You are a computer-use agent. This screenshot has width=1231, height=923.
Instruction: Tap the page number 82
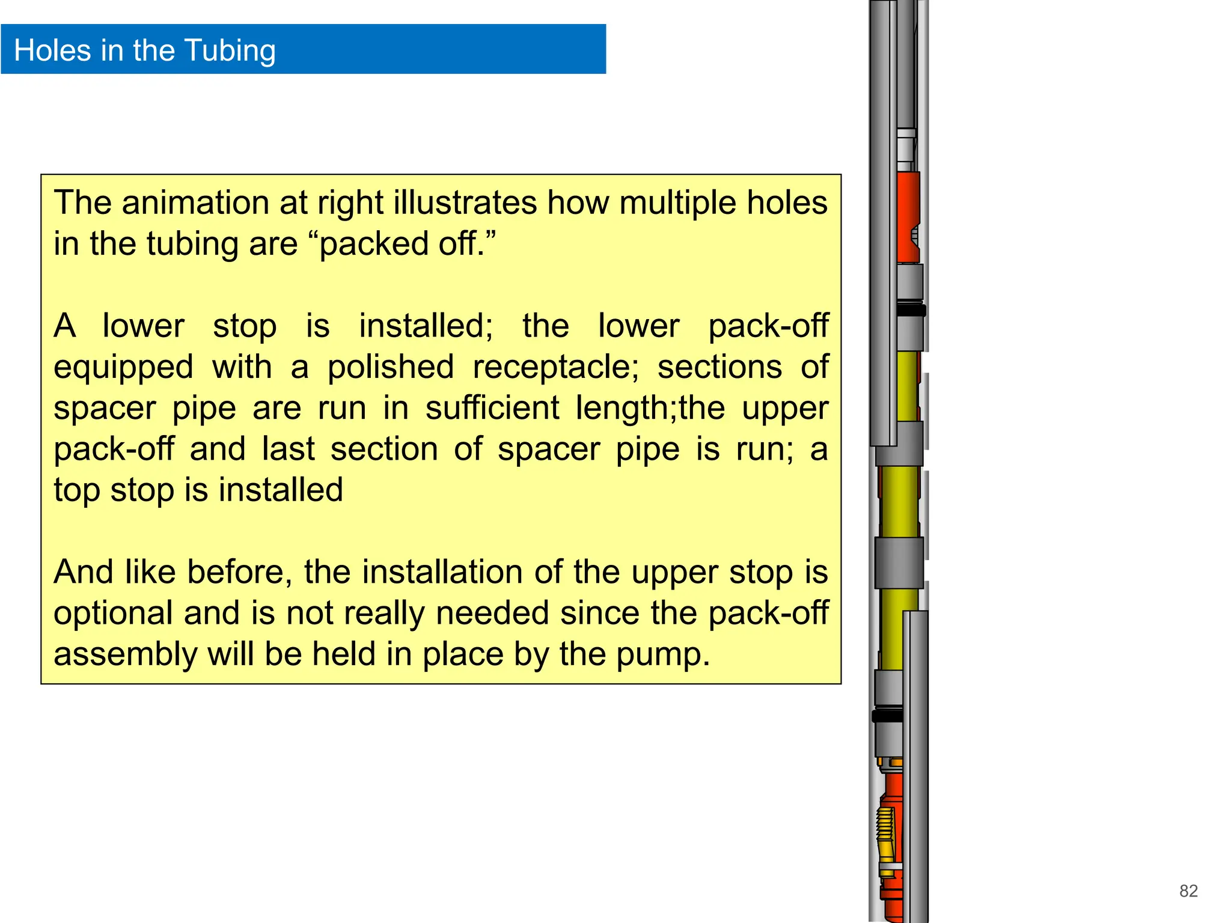[1188, 891]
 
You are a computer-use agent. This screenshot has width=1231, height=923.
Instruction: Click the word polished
[391, 367]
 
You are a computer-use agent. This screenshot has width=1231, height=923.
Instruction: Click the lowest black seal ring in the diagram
[887, 716]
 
